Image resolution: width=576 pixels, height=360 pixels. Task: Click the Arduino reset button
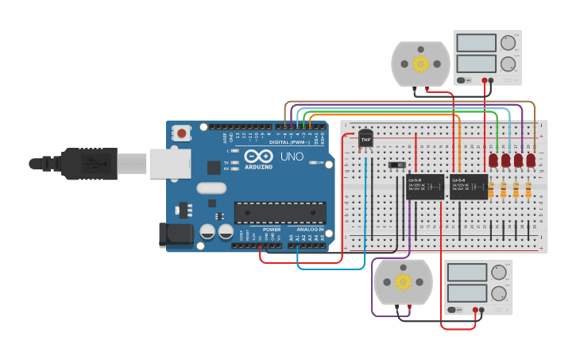(x=183, y=134)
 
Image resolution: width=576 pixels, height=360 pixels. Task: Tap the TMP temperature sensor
(x=365, y=139)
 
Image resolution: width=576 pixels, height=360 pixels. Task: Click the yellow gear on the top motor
(x=420, y=63)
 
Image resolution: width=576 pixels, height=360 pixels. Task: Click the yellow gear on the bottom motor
(x=403, y=282)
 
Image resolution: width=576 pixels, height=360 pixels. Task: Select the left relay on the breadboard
(x=426, y=187)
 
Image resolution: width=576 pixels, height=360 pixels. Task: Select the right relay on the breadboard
(x=469, y=187)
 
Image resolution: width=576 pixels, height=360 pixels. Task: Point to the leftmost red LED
(x=493, y=161)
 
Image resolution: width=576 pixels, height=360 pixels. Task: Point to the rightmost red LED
(x=531, y=161)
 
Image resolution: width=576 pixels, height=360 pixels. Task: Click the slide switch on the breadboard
(x=396, y=165)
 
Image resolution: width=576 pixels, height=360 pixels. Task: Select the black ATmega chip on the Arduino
(x=280, y=212)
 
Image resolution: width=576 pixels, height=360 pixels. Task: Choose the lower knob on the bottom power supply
(x=499, y=292)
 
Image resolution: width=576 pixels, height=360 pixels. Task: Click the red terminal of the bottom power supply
(x=475, y=310)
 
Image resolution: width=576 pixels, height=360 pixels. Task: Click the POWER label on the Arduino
(x=272, y=228)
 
